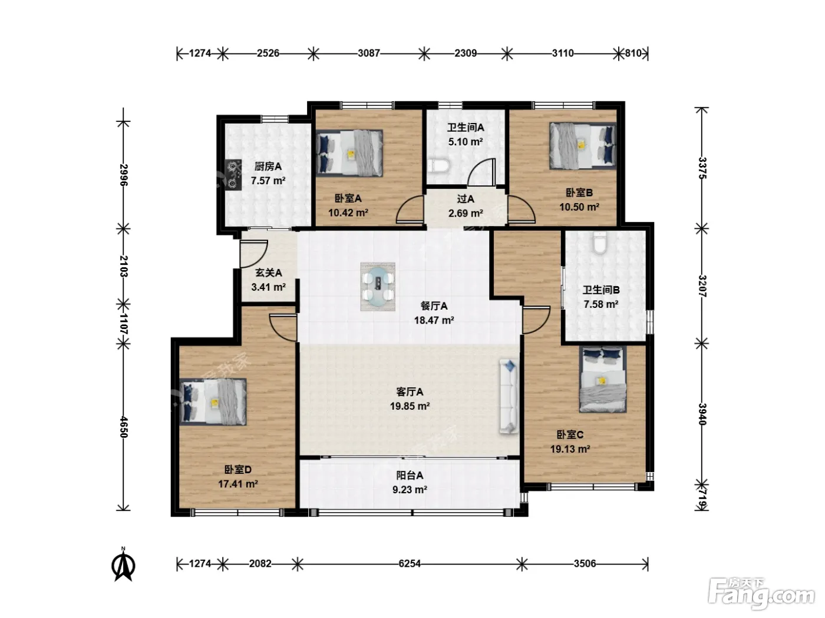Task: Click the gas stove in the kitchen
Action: coord(233,175)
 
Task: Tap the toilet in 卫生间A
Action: coord(438,166)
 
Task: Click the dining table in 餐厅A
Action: coord(377,286)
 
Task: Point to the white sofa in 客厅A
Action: coord(509,396)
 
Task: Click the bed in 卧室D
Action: coord(213,401)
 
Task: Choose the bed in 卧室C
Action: coord(602,379)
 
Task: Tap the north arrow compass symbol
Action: coord(123,564)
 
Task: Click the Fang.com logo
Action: coord(761,594)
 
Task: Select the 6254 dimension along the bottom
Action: coord(410,564)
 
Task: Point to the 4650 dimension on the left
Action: coord(124,427)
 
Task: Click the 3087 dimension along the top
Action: coord(369,54)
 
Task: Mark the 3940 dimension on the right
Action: coord(702,414)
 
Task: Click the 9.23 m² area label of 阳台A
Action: coord(410,490)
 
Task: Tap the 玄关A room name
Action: coord(268,273)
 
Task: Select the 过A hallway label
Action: coord(466,199)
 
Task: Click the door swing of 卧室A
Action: coord(410,210)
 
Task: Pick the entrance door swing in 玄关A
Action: coord(254,254)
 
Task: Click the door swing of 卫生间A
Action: coord(481,172)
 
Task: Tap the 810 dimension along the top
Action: coord(633,54)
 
